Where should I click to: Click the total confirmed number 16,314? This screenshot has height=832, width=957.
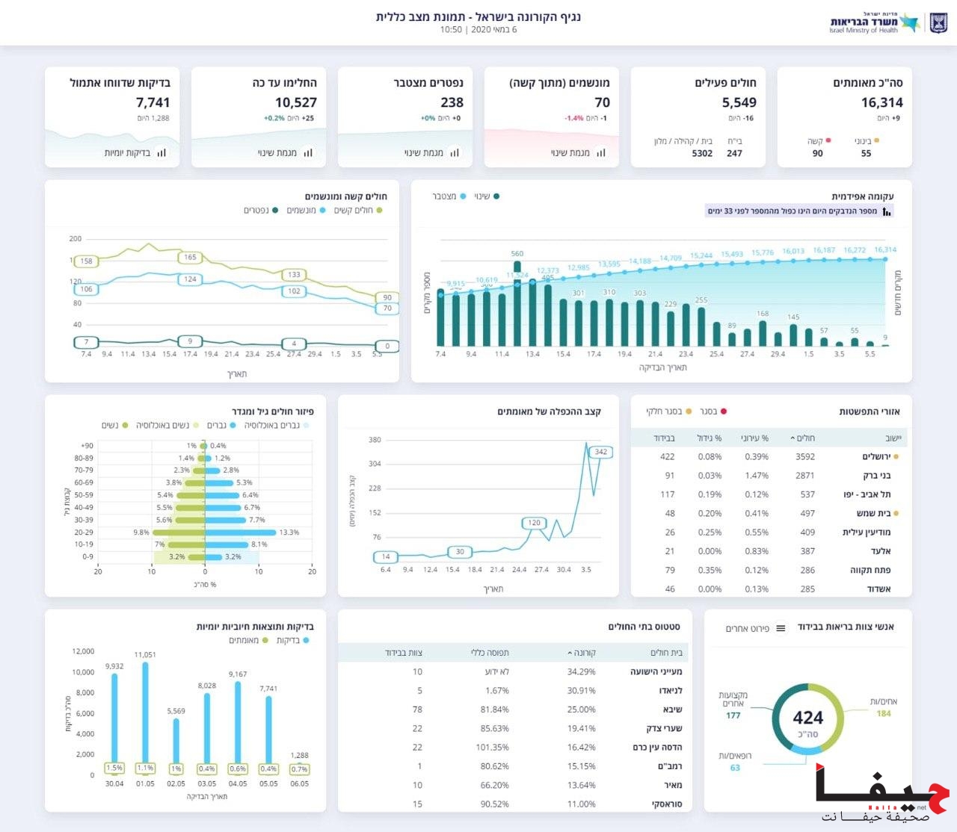point(881,103)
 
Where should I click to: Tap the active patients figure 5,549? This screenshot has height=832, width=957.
point(739,103)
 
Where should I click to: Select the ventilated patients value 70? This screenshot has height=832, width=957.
point(602,103)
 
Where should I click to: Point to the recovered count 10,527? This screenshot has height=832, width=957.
point(296,103)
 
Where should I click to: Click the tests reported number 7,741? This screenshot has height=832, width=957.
point(153,103)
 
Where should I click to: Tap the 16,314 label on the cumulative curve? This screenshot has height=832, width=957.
point(884,250)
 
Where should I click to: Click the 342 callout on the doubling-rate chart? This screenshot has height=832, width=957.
point(600,452)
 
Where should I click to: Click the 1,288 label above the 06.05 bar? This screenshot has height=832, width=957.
point(299,755)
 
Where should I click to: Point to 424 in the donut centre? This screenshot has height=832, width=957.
point(807,718)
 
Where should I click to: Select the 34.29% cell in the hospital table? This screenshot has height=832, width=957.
point(581,671)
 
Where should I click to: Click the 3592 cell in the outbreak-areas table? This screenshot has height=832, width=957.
point(804,456)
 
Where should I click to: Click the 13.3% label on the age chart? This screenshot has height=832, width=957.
point(289,533)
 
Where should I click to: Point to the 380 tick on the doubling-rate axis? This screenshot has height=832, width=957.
point(375,440)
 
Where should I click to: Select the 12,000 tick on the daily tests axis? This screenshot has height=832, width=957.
point(83,651)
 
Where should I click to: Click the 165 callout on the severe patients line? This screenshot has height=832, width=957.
point(190,257)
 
